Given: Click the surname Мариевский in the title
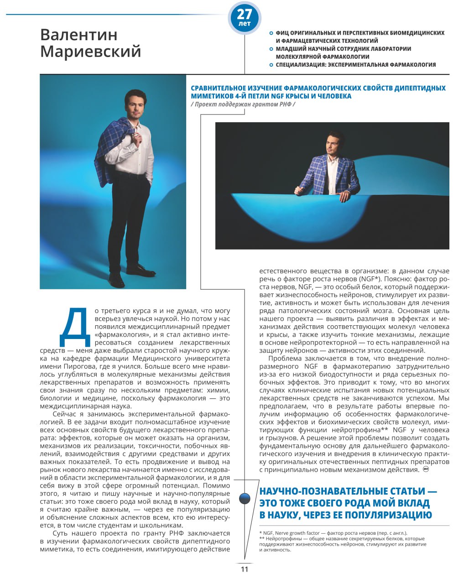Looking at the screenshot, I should [90, 52].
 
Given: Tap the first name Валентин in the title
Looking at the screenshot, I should [78, 34].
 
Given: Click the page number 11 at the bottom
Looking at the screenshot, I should [245, 569].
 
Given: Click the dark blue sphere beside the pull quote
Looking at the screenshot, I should [245, 498].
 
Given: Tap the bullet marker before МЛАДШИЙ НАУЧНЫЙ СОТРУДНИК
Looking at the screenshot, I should [271, 49].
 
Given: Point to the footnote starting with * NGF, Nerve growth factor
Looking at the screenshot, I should [333, 533].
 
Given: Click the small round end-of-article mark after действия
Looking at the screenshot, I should [427, 469].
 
